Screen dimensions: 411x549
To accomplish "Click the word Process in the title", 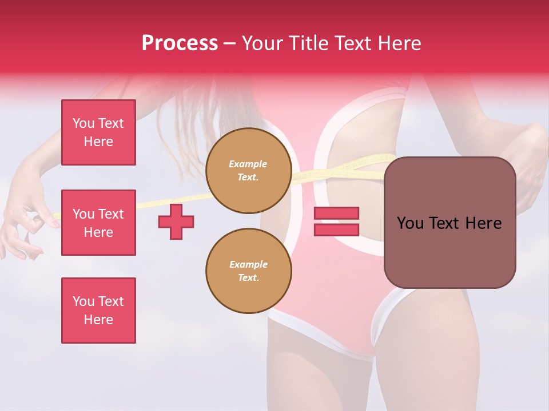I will click(180, 43).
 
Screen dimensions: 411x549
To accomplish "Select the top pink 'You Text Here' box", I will click(98, 132).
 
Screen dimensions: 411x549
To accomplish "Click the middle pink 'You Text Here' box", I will click(98, 223).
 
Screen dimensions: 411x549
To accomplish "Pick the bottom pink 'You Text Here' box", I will click(98, 311).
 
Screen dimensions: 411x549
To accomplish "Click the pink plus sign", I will click(176, 221).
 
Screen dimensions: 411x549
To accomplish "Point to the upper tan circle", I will click(248, 171).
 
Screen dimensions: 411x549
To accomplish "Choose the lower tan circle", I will click(248, 271).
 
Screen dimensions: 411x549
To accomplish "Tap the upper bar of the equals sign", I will click(336, 213).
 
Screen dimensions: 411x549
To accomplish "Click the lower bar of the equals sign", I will click(336, 229).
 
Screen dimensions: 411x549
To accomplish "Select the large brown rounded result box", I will click(449, 223).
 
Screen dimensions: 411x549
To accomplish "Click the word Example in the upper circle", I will click(248, 164).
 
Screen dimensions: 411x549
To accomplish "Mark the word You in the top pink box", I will click(83, 123).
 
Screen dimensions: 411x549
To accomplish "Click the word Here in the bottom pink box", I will click(98, 320).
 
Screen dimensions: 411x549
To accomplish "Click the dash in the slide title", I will click(229, 43).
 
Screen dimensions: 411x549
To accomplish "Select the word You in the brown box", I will click(410, 223).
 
